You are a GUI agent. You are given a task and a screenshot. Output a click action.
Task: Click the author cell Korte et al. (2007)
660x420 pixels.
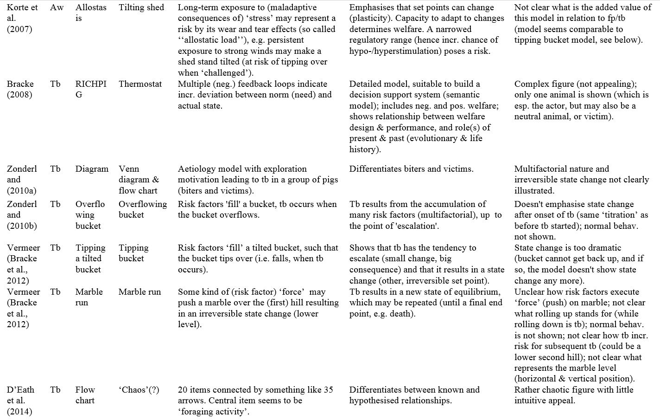click(x=22, y=18)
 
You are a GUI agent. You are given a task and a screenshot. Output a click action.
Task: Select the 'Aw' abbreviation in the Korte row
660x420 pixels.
click(x=57, y=7)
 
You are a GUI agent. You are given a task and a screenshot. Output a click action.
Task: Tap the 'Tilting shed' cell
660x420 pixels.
click(x=141, y=7)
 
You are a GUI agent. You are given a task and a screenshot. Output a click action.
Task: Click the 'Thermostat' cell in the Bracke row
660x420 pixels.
click(x=140, y=84)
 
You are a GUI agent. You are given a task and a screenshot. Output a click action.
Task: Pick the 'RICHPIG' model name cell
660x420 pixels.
click(x=90, y=89)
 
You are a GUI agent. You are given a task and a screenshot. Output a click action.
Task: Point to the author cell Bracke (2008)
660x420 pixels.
click(x=20, y=89)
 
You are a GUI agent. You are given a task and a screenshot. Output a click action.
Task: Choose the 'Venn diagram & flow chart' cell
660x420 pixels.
click(x=139, y=180)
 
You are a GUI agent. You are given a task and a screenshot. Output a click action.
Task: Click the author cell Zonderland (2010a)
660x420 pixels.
click(x=21, y=180)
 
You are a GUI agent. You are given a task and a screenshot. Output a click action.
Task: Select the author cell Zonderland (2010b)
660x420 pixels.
click(x=21, y=215)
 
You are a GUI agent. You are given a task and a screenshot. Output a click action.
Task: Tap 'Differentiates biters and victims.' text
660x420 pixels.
click(x=411, y=169)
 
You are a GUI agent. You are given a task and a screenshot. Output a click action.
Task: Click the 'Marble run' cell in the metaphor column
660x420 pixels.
click(x=140, y=292)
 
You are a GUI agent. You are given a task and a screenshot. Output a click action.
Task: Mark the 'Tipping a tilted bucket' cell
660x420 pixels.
click(x=90, y=258)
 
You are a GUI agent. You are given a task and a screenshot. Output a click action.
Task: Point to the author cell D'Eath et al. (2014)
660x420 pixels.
click(x=20, y=401)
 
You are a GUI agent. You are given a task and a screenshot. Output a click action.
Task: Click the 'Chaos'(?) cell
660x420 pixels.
click(x=139, y=390)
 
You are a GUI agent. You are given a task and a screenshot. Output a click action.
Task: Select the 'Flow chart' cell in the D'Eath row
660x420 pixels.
click(x=85, y=395)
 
